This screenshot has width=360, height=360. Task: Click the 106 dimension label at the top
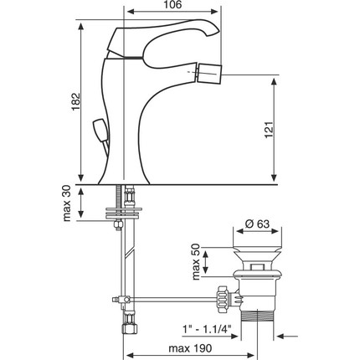pyautogui.click(x=172, y=4)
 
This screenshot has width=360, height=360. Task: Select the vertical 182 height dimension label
pyautogui.click(x=75, y=101)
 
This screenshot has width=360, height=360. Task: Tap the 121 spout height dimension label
pyautogui.click(x=270, y=130)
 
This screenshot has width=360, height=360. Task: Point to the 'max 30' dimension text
pyautogui.click(x=67, y=203)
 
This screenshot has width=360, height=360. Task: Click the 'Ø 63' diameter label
pyautogui.click(x=258, y=224)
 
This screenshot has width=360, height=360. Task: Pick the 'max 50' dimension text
pyautogui.click(x=196, y=262)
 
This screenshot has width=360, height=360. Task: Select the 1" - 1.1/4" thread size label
pyautogui.click(x=208, y=329)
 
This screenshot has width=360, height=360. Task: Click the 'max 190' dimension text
pyautogui.click(x=190, y=348)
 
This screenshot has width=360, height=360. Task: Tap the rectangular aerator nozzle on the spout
pyautogui.click(x=209, y=74)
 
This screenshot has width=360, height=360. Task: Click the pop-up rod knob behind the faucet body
pyautogui.click(x=99, y=130)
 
